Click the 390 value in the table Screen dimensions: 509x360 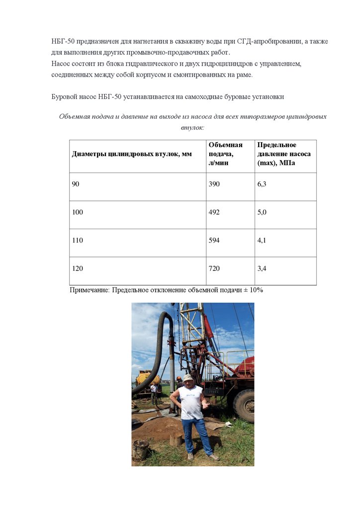tap(214, 184)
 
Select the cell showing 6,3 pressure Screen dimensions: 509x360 tap(262, 184)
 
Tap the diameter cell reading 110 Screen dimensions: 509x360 tap(78, 241)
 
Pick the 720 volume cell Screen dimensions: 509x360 tap(214, 269)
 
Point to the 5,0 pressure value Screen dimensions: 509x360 tap(262, 212)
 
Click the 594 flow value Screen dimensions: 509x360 tap(214, 241)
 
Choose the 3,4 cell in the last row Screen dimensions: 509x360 tap(262, 269)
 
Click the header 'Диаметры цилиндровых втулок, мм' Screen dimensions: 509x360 tap(132, 154)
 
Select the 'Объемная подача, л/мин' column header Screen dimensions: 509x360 tap(226, 154)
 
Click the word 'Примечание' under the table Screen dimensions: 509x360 tap(90, 290)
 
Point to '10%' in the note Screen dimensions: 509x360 tap(257, 290)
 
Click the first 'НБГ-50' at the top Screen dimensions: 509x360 tap(63, 41)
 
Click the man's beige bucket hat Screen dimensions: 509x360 tap(187, 378)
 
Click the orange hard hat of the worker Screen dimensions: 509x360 tap(180, 378)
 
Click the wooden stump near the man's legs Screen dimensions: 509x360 tap(175, 439)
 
